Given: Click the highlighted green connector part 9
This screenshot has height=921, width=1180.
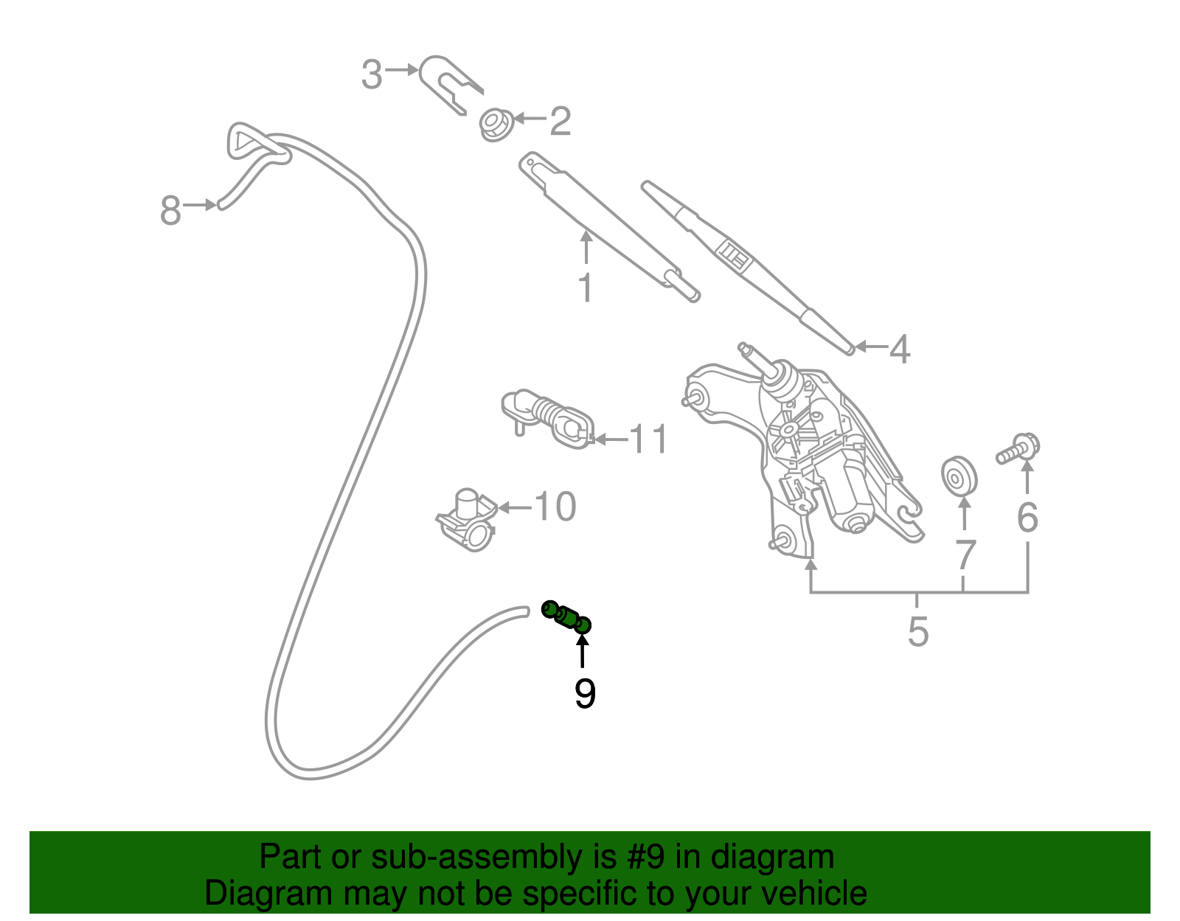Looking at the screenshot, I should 566,617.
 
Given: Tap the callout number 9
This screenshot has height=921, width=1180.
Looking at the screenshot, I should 585,694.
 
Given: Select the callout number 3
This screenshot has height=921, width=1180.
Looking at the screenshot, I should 372,74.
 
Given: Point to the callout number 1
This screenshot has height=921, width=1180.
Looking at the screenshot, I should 586,288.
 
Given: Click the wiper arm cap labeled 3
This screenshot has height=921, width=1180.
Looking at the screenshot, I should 446,82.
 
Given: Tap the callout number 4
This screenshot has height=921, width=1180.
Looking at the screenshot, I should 899,349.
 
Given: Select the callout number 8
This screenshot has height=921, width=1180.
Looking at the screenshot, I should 170,211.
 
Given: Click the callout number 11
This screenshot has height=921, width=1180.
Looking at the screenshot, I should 649,439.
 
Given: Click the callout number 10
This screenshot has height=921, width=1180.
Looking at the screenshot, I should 555,507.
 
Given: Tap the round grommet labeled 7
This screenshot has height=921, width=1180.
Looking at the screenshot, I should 959,476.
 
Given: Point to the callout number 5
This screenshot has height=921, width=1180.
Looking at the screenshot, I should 917,632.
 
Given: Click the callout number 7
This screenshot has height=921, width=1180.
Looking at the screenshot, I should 965,555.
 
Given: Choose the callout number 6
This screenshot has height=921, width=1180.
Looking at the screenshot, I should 1027,518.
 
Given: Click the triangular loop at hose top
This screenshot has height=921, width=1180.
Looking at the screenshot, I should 251,142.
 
